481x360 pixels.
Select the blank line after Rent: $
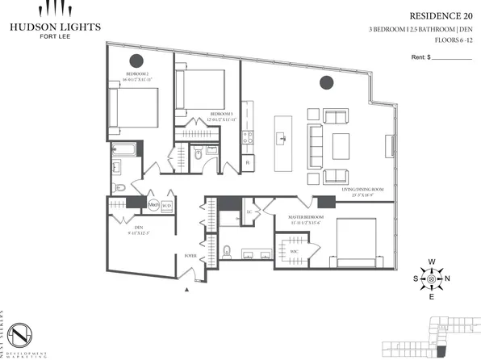tap(453, 58)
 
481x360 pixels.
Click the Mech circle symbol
tap(153, 205)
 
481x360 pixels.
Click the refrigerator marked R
tap(247, 162)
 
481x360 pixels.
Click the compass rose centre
tap(431, 278)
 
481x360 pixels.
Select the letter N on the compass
tap(450, 278)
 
